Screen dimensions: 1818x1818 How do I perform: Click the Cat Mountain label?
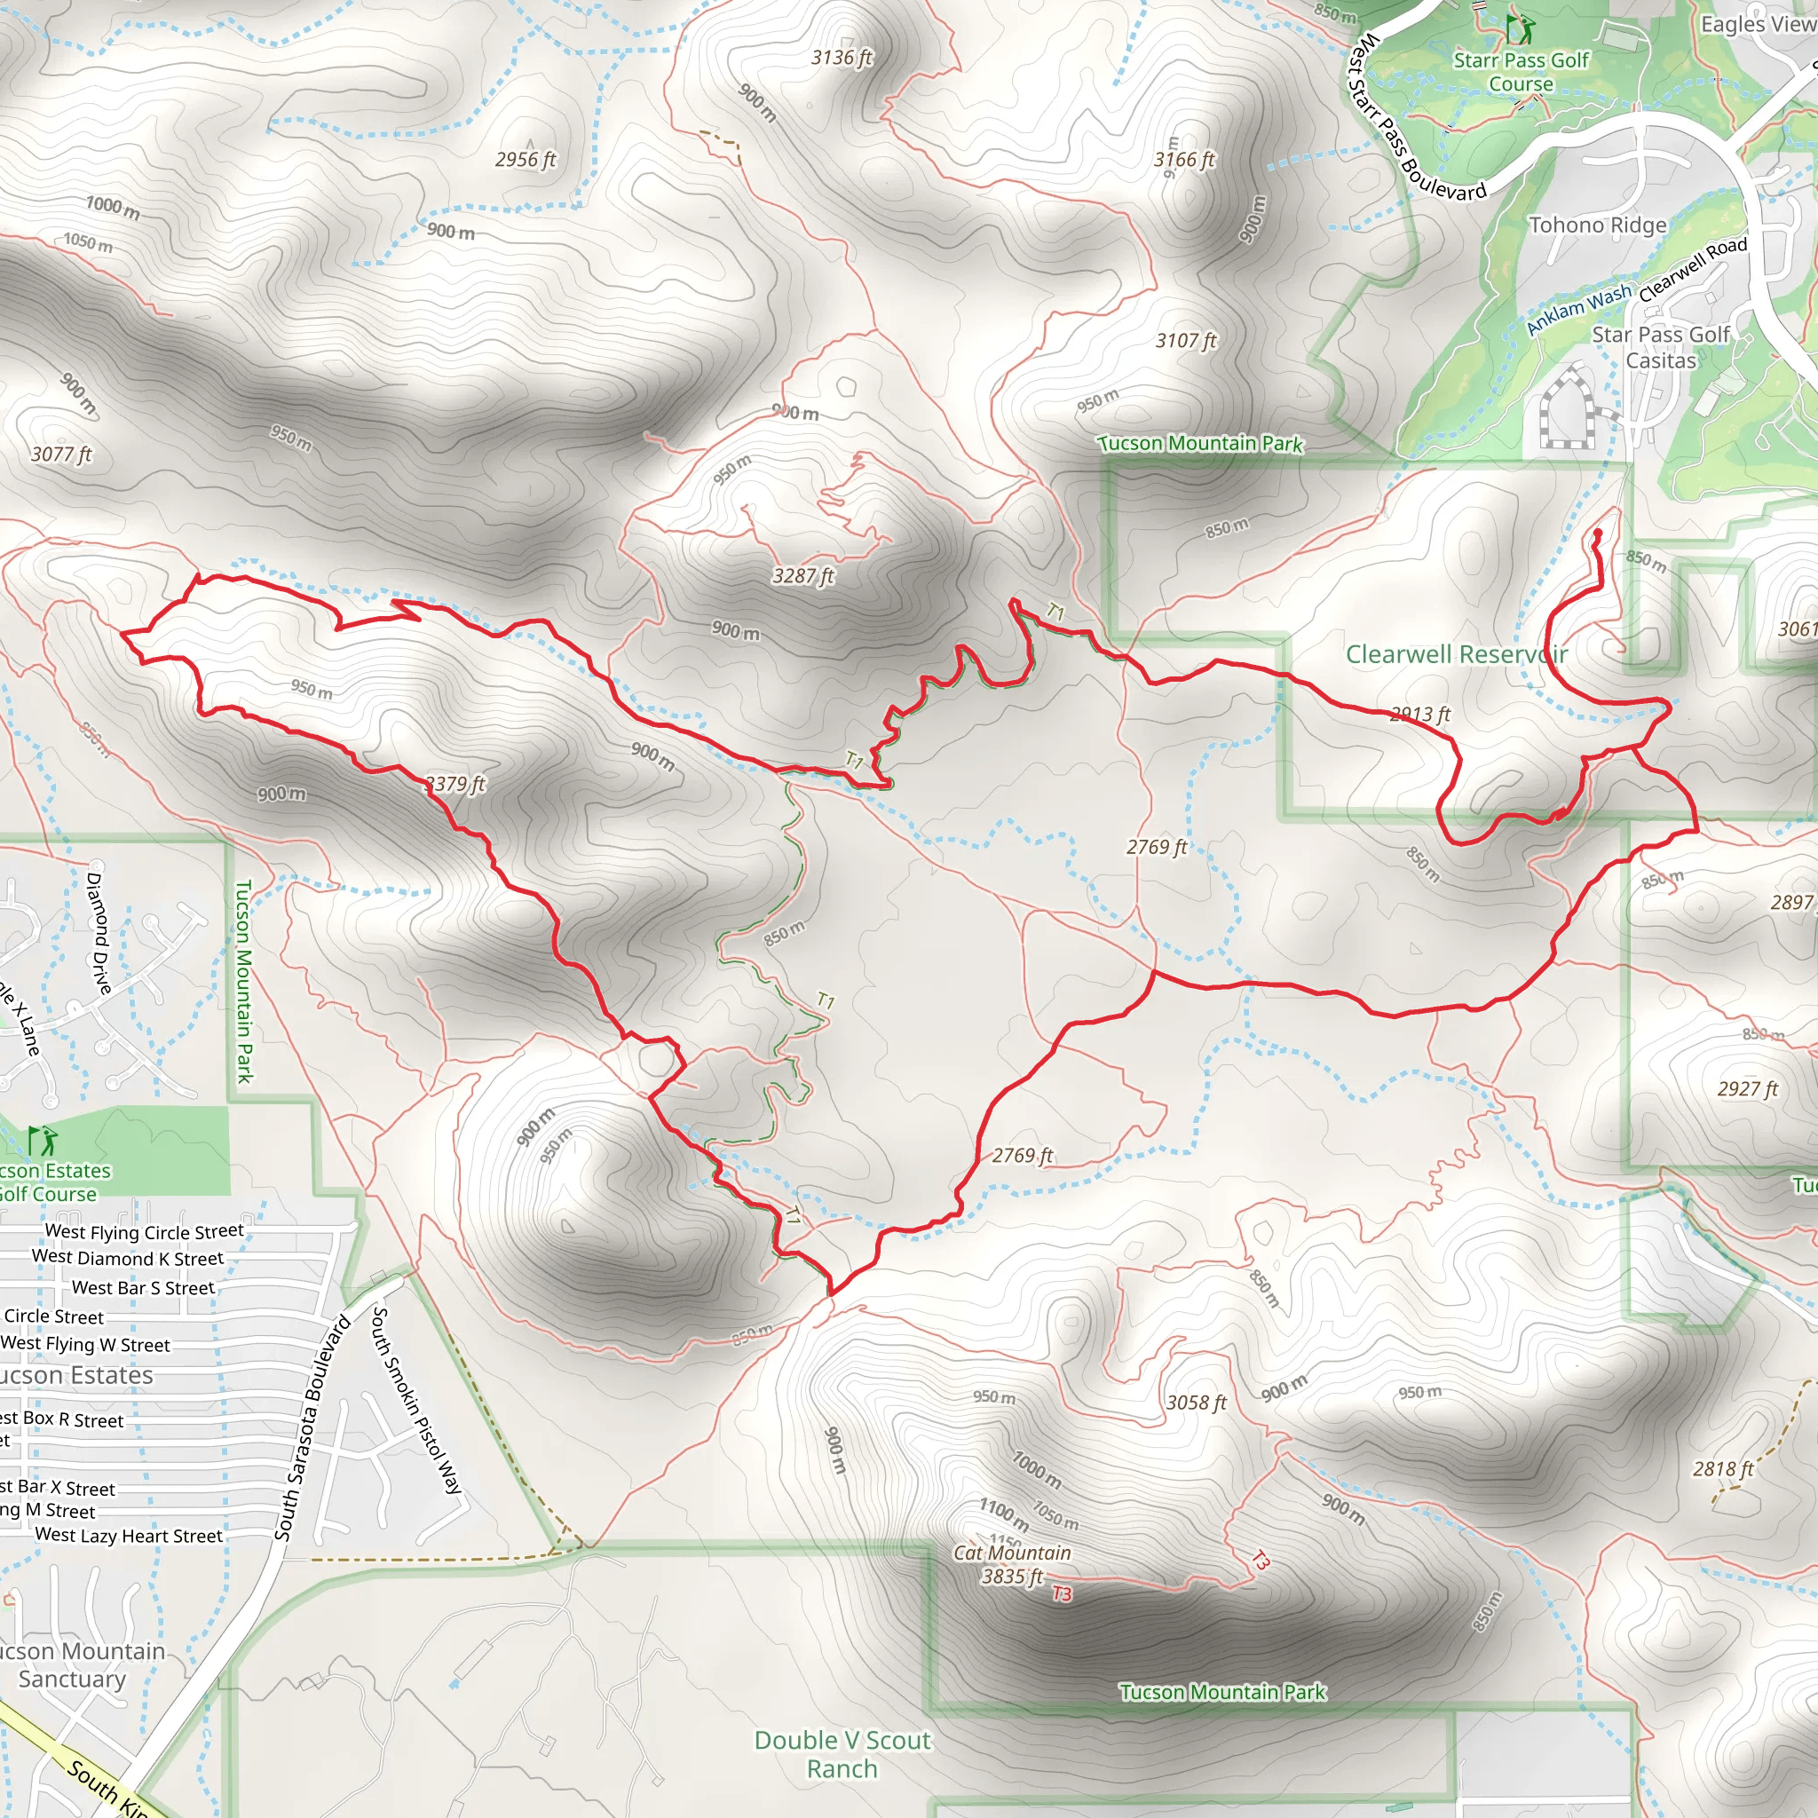coord(1012,1552)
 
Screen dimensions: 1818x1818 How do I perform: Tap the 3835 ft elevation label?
coord(1012,1577)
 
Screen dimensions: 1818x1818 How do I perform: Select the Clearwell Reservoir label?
coord(1456,654)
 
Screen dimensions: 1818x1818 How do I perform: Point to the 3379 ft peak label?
coord(455,784)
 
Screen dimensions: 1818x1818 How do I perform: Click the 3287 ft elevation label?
coord(802,575)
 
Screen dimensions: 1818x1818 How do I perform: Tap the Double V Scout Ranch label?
coord(842,1754)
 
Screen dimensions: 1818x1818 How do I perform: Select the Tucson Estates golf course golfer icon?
coord(42,1141)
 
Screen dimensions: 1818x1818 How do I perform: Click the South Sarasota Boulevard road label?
coord(312,1428)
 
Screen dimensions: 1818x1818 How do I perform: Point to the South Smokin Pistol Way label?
coord(417,1399)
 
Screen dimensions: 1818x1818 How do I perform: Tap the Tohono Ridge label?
coord(1597,225)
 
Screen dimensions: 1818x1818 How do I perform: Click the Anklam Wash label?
coord(1578,309)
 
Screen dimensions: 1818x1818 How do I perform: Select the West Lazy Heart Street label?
coord(129,1535)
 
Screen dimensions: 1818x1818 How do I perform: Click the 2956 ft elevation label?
coord(526,159)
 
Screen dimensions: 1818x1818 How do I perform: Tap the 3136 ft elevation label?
coord(842,58)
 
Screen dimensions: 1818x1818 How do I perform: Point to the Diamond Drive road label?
coord(98,933)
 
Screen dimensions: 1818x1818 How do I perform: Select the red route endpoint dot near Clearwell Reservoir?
coord(1597,534)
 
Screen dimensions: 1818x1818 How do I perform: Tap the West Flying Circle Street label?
coord(144,1231)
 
